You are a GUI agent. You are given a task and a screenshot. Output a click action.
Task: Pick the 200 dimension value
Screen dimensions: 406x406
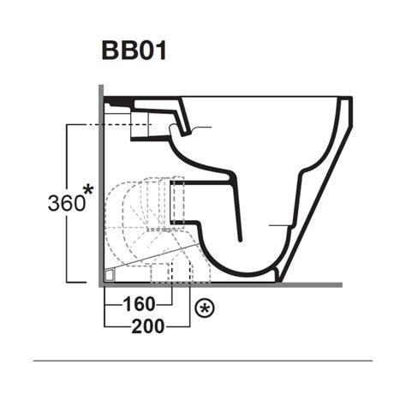[151, 326]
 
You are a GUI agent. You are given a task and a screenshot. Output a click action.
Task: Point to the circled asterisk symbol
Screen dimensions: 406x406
[204, 306]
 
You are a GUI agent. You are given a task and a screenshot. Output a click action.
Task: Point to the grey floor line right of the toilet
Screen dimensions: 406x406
[317, 284]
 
